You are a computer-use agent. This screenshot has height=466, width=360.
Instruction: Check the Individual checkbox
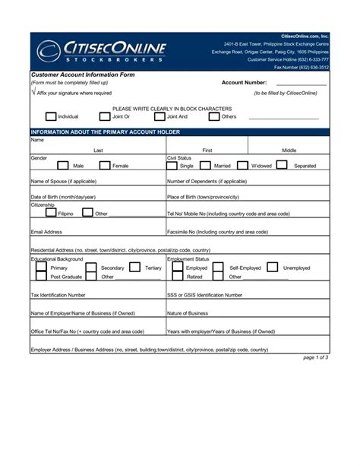(x=51, y=117)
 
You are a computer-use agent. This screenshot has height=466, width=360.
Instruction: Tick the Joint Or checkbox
(x=104, y=117)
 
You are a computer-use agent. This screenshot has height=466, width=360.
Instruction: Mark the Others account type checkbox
(x=213, y=117)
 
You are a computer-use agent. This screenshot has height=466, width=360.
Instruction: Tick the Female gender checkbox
(x=103, y=165)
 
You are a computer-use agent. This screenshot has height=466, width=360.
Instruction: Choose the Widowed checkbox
(x=242, y=165)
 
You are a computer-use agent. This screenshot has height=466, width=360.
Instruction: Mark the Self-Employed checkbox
(x=218, y=268)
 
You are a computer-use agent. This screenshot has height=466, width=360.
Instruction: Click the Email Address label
(x=46, y=231)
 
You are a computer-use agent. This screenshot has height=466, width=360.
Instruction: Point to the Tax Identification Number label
(x=58, y=294)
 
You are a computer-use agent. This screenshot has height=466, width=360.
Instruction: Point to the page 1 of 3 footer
(x=315, y=357)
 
